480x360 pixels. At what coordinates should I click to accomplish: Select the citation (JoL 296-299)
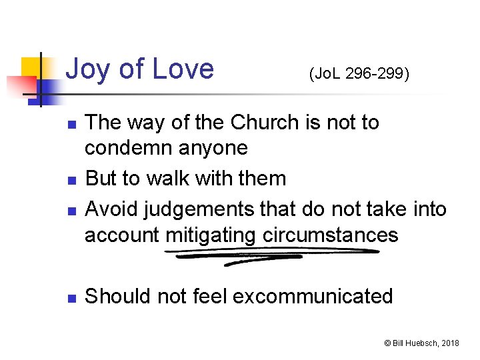pyautogui.click(x=358, y=73)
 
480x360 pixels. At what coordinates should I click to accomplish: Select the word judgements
pyautogui.click(x=193, y=209)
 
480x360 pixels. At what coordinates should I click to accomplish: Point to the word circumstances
pyautogui.click(x=330, y=235)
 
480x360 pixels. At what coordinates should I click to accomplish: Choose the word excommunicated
pyautogui.click(x=313, y=295)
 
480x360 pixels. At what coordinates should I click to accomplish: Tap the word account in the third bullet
pyautogui.click(x=122, y=235)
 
